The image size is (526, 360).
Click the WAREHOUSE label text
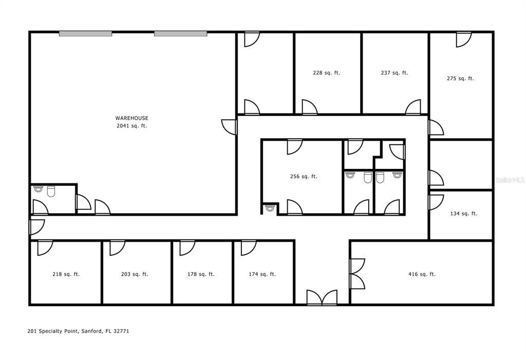click(x=131, y=118)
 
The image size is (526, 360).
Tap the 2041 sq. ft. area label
click(x=131, y=126)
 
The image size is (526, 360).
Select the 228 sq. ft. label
click(x=326, y=73)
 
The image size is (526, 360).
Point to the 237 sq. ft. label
click(x=394, y=73)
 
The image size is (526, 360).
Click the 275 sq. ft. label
click(x=460, y=79)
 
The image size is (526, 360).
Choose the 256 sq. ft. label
click(x=304, y=177)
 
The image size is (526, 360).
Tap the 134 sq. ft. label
click(x=464, y=214)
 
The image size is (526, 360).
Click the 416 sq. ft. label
click(x=422, y=274)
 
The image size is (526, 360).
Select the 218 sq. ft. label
click(x=66, y=274)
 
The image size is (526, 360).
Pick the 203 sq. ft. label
click(x=135, y=274)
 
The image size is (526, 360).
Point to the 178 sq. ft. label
click(x=201, y=274)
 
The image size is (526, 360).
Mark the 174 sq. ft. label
click(x=262, y=274)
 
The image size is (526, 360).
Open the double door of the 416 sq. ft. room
click(x=357, y=274)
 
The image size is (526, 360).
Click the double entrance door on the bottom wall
click(x=322, y=298)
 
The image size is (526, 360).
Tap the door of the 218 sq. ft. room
click(x=45, y=247)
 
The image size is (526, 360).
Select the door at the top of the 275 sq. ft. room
click(x=463, y=40)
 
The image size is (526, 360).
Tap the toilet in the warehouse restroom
click(x=51, y=192)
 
